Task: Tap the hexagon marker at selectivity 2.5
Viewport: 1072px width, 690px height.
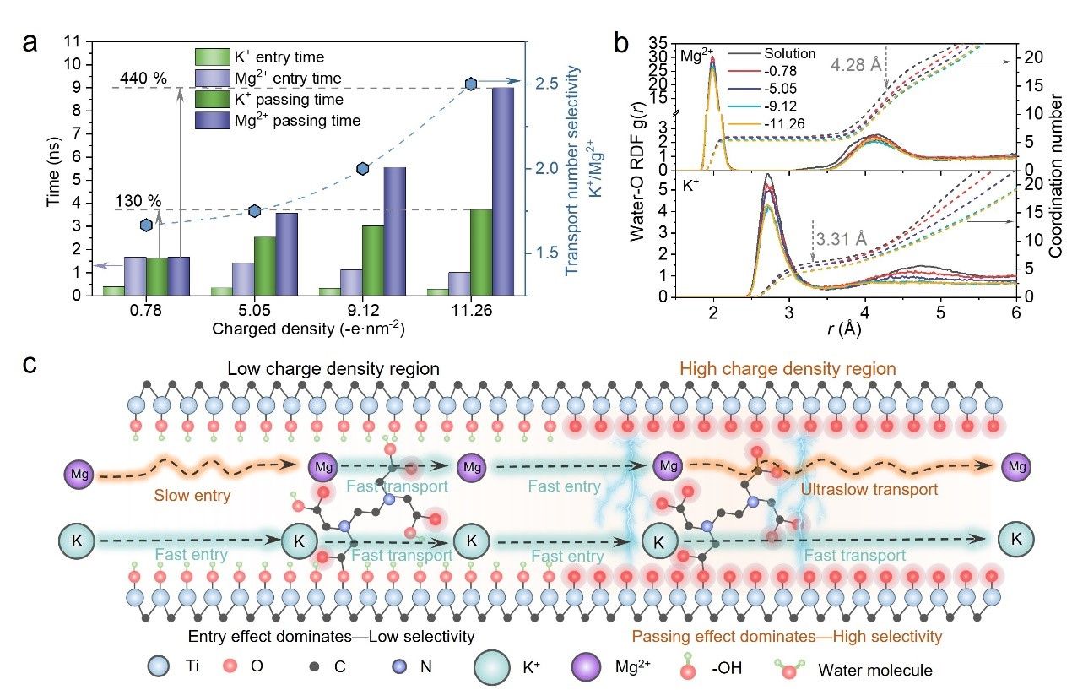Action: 471,84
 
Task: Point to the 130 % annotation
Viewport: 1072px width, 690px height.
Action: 138,201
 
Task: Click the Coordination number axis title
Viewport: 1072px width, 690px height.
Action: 1058,169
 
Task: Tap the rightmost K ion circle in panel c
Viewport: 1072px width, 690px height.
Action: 1015,538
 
